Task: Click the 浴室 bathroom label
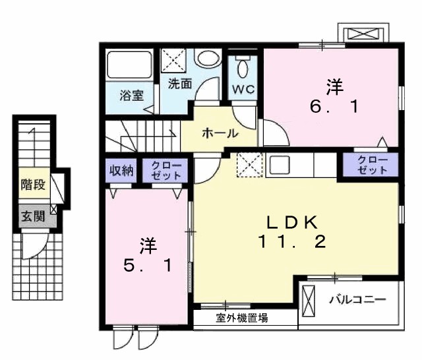(x=131, y=95)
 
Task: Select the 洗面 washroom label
(x=179, y=84)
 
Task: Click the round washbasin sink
(x=210, y=59)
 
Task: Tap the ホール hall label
(x=220, y=133)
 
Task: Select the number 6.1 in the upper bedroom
(x=334, y=105)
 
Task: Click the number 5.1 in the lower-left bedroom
(x=149, y=266)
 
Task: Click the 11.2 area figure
(x=292, y=242)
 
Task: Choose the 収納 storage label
(x=121, y=169)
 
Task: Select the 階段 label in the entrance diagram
(x=33, y=185)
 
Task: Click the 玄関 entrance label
(x=32, y=216)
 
